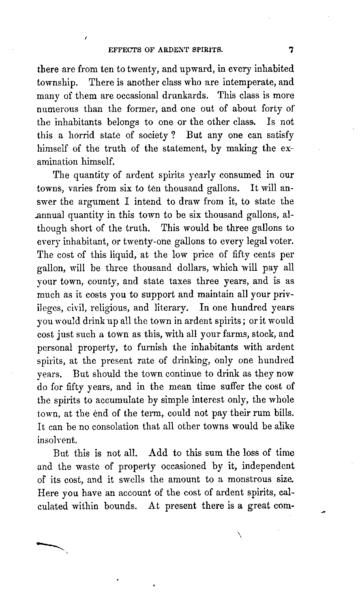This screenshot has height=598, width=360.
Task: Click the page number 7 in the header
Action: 291,51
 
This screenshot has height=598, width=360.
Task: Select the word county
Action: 99,281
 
